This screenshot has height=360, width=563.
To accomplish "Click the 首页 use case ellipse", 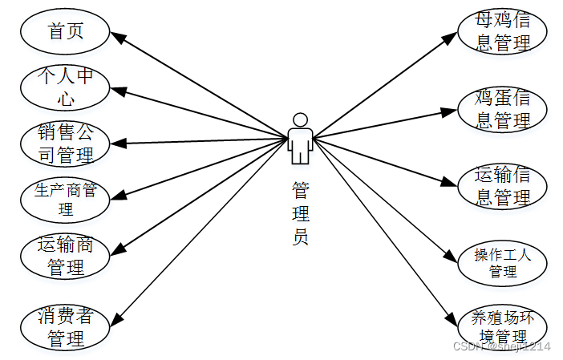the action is coord(65,33).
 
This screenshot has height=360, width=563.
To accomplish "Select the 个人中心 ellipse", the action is coord(65,87).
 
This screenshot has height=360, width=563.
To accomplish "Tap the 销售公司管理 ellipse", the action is coord(65,143).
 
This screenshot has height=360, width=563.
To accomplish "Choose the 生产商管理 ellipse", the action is coord(65,200).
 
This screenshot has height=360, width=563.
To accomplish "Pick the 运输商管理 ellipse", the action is coord(65,256).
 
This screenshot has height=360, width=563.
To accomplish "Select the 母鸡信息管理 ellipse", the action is coord(502,32).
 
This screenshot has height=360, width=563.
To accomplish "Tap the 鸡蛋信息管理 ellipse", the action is coord(502,109).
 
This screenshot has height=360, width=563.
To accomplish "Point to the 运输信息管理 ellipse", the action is coord(502,186).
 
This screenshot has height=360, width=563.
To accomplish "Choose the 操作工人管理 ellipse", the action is coord(502,263).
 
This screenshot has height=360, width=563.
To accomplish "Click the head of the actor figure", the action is coord(301,119).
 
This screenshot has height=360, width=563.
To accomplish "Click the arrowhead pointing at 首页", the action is coord(115,36).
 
